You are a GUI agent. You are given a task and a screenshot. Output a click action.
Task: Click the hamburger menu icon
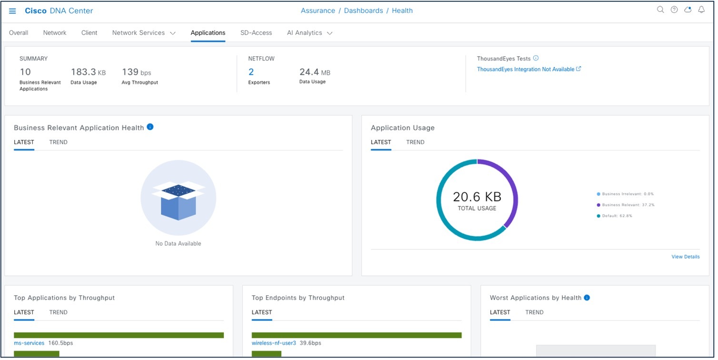(x=13, y=11)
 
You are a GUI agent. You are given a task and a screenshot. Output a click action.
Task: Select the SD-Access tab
(x=256, y=33)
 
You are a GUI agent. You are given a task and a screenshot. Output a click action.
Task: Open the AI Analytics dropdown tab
(x=309, y=33)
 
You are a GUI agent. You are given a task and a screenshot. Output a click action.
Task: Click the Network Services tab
(x=143, y=33)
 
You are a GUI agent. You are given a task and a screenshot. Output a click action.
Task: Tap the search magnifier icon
(x=660, y=10)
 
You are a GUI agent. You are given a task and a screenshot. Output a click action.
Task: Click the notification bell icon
(x=701, y=10)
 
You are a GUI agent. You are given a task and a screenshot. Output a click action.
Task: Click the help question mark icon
(x=674, y=10)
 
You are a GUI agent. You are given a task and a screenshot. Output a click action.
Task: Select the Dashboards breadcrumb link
(x=363, y=10)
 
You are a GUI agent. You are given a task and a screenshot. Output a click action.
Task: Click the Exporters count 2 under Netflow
(x=251, y=72)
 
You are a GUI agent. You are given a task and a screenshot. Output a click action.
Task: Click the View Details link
(x=685, y=257)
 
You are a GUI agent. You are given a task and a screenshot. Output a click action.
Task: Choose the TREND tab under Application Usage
(x=415, y=142)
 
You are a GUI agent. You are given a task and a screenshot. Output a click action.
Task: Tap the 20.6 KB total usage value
(x=477, y=197)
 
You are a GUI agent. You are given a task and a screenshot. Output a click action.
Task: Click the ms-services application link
(x=29, y=343)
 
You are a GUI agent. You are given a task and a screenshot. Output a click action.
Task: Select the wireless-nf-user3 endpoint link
(x=274, y=343)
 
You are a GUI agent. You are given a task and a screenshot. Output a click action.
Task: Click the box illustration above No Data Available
(x=178, y=200)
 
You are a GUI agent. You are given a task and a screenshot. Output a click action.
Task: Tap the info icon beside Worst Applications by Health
(x=587, y=298)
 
